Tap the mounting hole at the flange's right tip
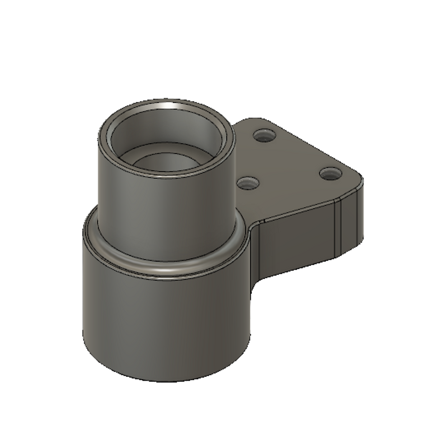tap(330, 174)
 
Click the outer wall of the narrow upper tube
tap(164, 214)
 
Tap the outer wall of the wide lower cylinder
tap(164, 322)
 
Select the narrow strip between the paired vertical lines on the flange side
tap(338, 227)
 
